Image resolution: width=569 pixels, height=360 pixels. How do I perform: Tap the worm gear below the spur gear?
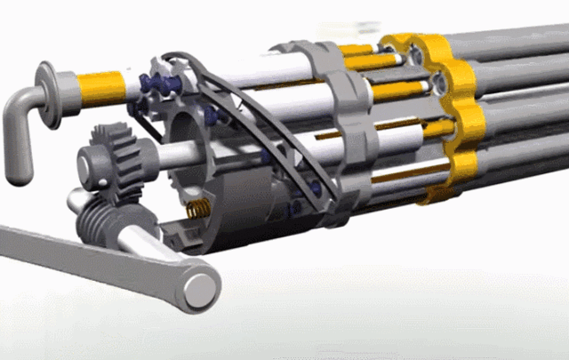[100, 215]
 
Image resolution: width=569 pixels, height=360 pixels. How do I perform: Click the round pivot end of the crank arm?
[201, 288]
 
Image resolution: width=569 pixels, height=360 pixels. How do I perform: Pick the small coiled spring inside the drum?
[201, 212]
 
